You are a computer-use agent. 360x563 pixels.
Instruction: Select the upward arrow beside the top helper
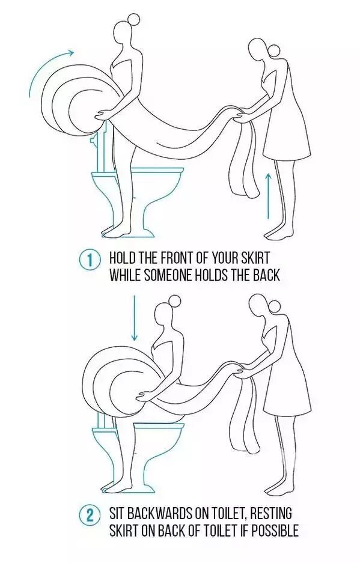pyautogui.click(x=268, y=195)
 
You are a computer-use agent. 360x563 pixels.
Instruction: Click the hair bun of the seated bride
pyautogui.click(x=175, y=301)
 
